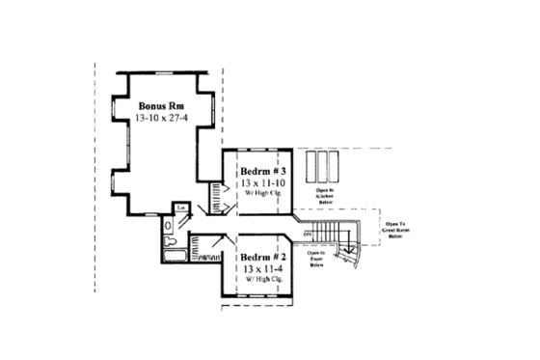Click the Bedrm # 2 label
pos(261,258)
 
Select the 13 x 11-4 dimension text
pos(261,270)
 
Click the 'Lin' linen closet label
pos(179,207)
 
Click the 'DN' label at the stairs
pos(310,235)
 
